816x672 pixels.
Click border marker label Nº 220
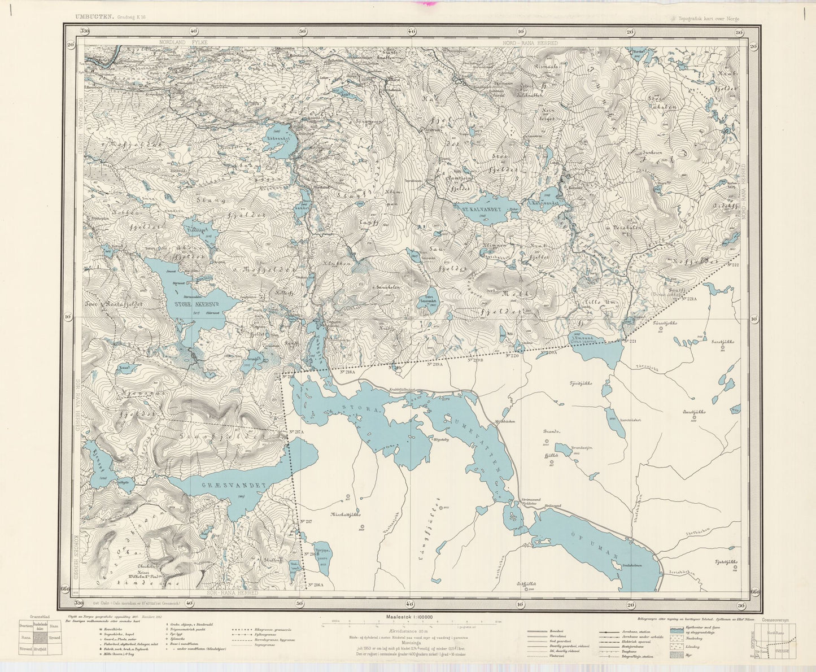click(x=512, y=356)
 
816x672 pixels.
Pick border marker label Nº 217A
click(x=296, y=432)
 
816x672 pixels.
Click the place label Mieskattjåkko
click(x=346, y=515)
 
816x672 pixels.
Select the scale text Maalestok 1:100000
click(x=409, y=617)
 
